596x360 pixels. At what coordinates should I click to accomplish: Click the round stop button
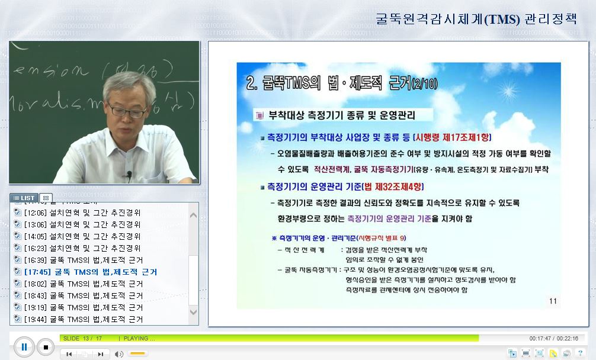pos(46,347)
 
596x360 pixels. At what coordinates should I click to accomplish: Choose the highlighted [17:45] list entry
pos(90,272)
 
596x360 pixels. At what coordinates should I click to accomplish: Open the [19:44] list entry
pos(83,319)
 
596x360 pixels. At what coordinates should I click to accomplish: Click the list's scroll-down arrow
pos(193,312)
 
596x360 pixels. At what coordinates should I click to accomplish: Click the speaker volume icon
pos(119,354)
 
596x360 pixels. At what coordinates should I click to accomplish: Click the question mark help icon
pos(580,353)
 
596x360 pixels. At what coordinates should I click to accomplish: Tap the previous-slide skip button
pos(69,354)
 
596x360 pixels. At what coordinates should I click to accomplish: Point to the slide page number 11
pos(552,301)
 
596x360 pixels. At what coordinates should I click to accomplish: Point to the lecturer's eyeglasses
pos(127,111)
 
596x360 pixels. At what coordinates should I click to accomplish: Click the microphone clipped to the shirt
pos(129,175)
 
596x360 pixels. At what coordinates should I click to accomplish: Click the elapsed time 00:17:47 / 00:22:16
pos(553,338)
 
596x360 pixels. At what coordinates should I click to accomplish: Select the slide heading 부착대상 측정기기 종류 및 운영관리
pos(342,115)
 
